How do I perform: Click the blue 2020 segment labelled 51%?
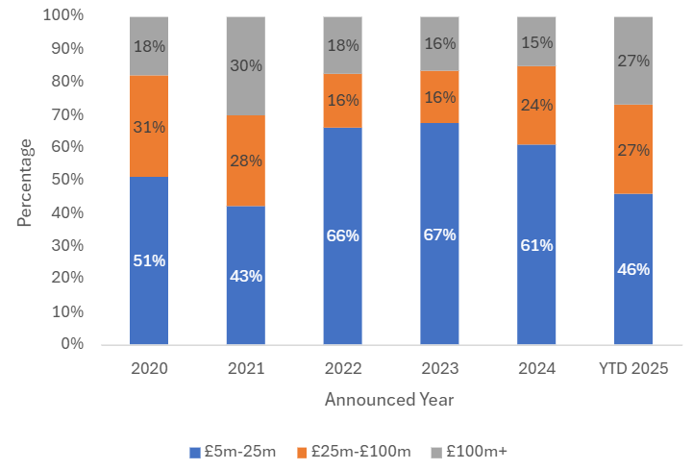pyautogui.click(x=149, y=260)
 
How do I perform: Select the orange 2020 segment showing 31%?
pyautogui.click(x=149, y=126)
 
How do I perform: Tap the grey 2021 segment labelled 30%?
pyautogui.click(x=246, y=65)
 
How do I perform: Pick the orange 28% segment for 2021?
pyautogui.click(x=246, y=161)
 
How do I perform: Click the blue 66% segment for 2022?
pyautogui.click(x=342, y=235)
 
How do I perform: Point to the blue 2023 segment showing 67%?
pyautogui.click(x=439, y=234)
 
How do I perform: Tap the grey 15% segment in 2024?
pyautogui.click(x=536, y=41)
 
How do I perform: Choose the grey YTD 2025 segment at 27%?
pyautogui.click(x=632, y=61)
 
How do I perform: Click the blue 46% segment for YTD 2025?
pyautogui.click(x=632, y=269)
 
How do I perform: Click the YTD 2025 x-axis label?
pyautogui.click(x=632, y=368)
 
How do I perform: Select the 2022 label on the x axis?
pyautogui.click(x=342, y=368)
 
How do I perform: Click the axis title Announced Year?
pyautogui.click(x=389, y=399)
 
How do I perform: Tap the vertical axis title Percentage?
pyautogui.click(x=24, y=182)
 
